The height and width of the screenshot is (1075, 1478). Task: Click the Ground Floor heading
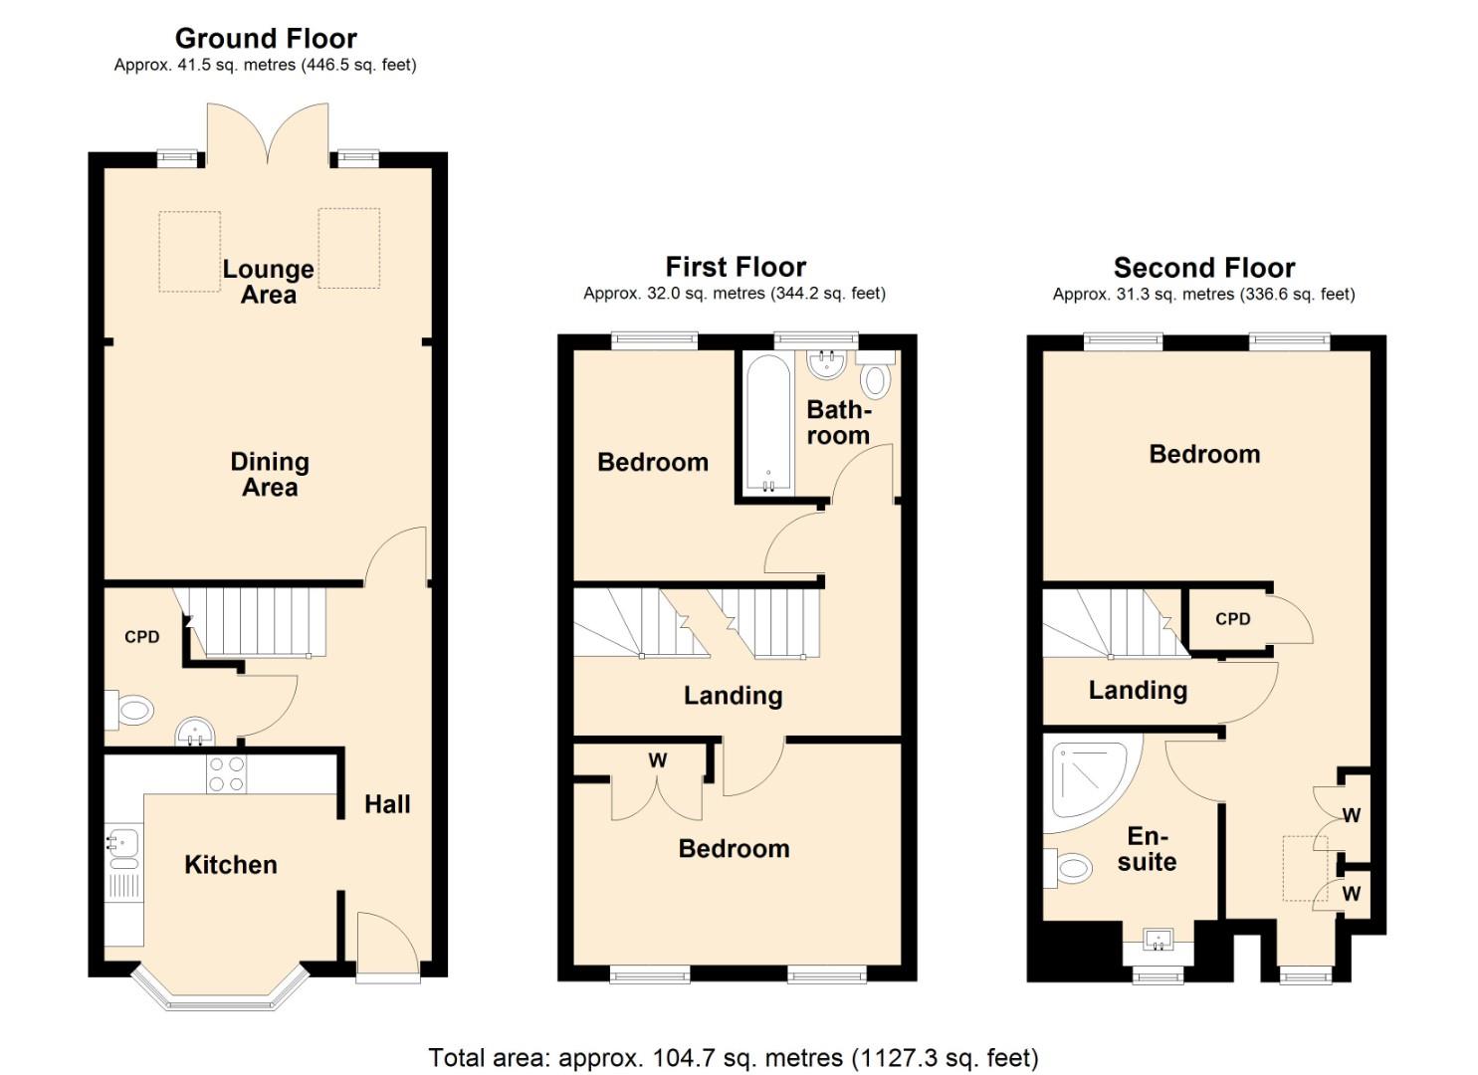point(266,39)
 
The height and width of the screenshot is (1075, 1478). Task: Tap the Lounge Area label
point(268,282)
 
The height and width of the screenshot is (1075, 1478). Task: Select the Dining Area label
point(270,475)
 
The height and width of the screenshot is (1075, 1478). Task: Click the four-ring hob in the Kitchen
point(226,774)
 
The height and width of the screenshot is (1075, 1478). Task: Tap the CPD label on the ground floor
point(141,637)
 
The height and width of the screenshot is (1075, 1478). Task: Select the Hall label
point(387,804)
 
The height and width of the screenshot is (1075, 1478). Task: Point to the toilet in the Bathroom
point(875,380)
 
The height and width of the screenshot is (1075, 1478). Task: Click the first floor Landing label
point(733,696)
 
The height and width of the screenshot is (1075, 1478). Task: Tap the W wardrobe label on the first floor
point(657,761)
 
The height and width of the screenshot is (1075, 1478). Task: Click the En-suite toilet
point(1067,868)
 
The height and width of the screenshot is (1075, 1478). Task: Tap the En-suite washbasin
point(1158,939)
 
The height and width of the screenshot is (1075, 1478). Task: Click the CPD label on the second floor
point(1232,619)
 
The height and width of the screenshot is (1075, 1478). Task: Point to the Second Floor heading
point(1203,268)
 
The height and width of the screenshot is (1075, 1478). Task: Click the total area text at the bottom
point(734,1057)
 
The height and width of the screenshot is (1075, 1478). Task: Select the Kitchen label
point(231,865)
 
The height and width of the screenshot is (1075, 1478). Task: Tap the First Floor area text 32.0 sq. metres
point(734,294)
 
